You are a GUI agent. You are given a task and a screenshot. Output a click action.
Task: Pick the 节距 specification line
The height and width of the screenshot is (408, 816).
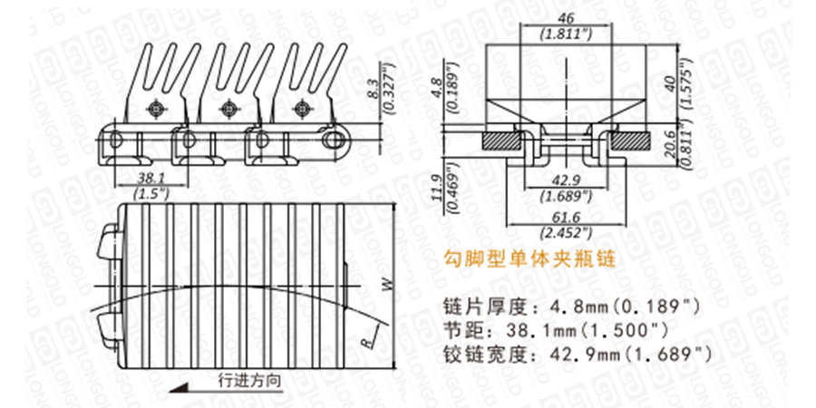tap(556, 328)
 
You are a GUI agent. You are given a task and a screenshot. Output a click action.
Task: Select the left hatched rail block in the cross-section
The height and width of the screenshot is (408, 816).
tap(500, 141)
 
